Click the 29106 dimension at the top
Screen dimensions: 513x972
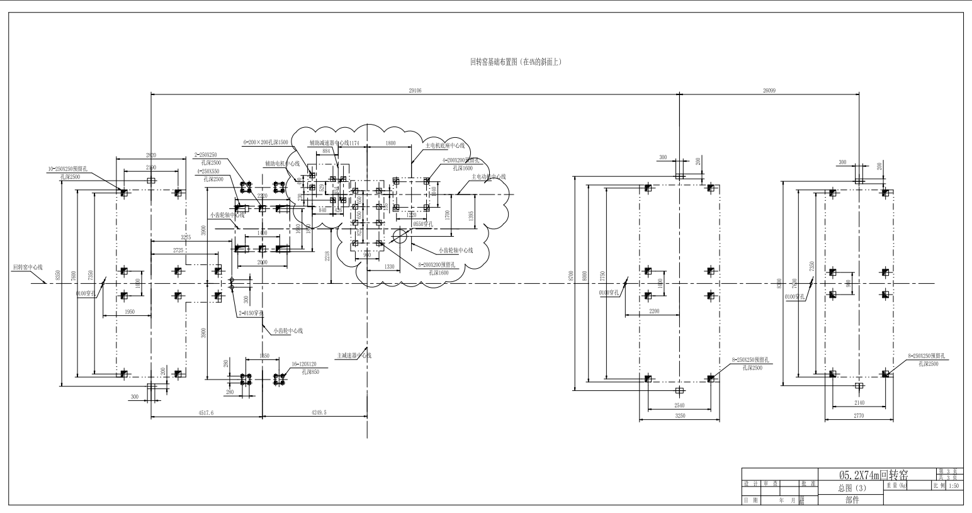tap(415, 91)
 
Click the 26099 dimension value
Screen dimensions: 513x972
tap(769, 91)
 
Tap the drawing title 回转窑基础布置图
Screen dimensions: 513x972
tap(516, 62)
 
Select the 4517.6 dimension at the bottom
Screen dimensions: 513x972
tap(206, 413)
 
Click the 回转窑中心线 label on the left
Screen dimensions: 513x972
tap(28, 267)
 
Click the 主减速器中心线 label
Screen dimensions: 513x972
tap(354, 356)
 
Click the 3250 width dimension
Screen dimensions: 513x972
tap(680, 415)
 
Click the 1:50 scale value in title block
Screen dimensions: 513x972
tap(953, 486)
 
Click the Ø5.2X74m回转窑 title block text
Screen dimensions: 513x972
tap(873, 476)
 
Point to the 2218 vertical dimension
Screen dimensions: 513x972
tap(327, 256)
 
